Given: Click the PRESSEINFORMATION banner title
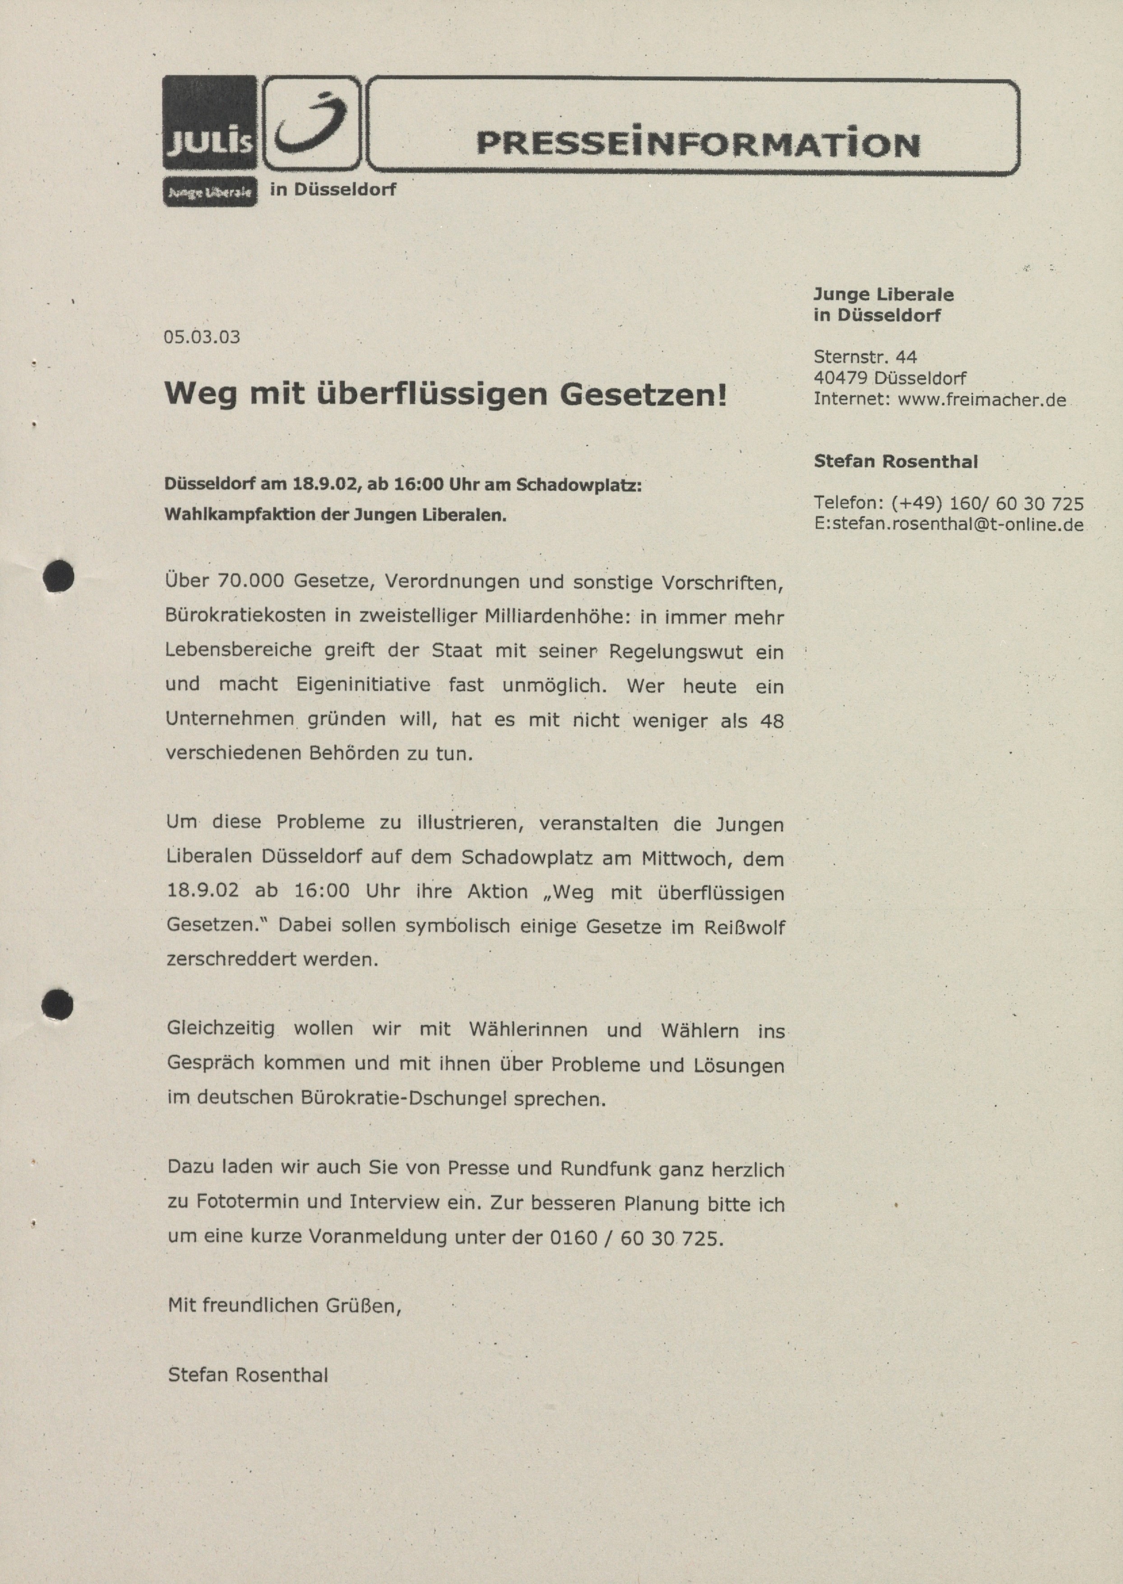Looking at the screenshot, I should coord(698,143).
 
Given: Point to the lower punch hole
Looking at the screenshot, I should coord(57,1004).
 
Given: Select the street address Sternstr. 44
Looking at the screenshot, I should coord(865,357).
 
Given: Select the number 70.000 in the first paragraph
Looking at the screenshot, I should coord(250,581).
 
